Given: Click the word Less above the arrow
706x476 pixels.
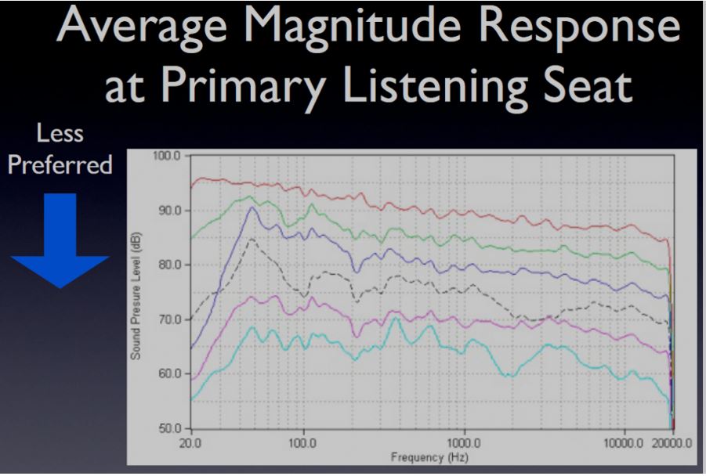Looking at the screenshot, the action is point(60,133).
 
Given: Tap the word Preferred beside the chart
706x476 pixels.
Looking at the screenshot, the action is point(60,164).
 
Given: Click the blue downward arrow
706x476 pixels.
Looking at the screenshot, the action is point(60,240).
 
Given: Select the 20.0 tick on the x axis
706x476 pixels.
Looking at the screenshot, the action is point(190,443).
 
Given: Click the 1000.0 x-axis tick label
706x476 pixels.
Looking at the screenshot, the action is point(465,443).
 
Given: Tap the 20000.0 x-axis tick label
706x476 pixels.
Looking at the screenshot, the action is point(672,443).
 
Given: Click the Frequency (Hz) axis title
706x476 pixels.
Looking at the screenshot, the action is point(429,457).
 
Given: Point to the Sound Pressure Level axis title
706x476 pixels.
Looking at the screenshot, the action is point(136,296).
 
